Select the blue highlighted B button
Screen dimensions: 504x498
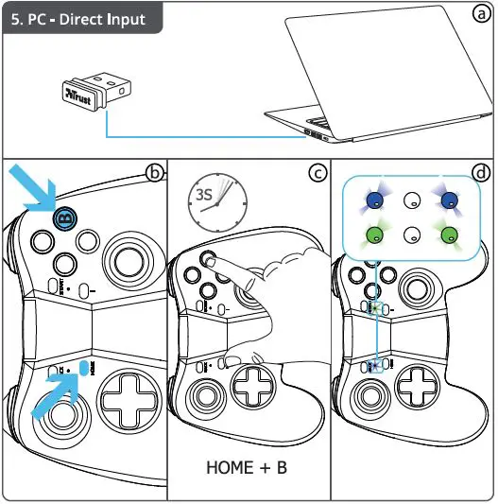pos(64,218)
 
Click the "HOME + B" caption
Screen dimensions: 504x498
pos(247,468)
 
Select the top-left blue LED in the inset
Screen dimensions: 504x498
pos(375,200)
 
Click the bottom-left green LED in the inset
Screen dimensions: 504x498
pos(375,235)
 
